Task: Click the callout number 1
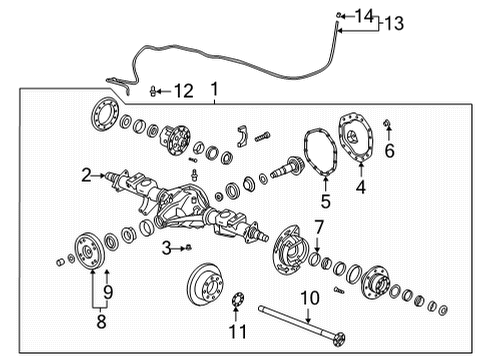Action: click(x=213, y=91)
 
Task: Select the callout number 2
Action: click(x=87, y=176)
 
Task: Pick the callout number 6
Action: click(x=390, y=150)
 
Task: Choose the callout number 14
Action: click(x=364, y=14)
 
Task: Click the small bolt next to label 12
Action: click(x=152, y=92)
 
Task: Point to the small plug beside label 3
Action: click(x=187, y=246)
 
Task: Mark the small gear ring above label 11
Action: click(x=238, y=300)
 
